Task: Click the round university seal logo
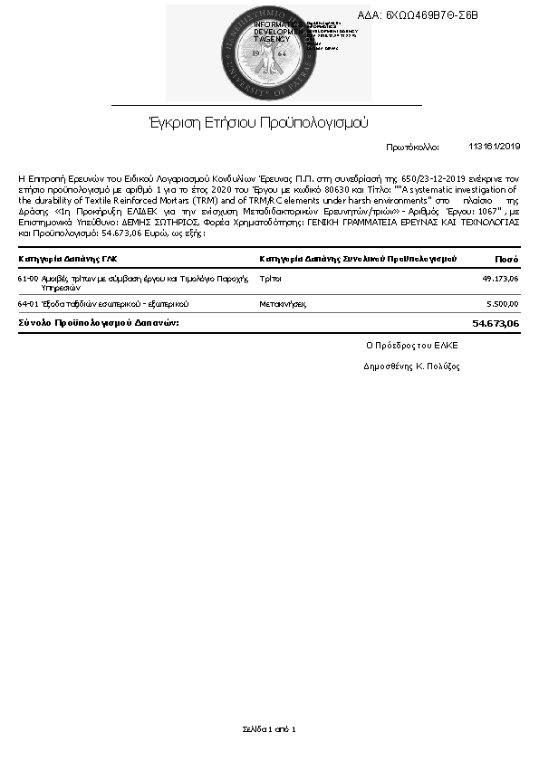tap(269, 53)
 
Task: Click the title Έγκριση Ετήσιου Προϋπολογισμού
tap(258, 122)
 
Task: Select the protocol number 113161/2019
tap(495, 146)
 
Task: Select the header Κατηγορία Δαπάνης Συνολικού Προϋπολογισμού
tap(357, 259)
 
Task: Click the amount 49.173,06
tap(501, 279)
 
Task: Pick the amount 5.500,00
tap(503, 304)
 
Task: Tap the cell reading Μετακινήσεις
tap(283, 304)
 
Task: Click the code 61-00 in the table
tap(27, 279)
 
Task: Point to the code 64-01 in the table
tap(27, 304)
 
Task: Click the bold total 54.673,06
tap(496, 322)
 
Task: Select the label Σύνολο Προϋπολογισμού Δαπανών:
tap(99, 322)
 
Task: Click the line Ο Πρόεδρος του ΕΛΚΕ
tap(412, 345)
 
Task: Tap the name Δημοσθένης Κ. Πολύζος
tap(412, 366)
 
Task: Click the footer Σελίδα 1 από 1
tap(269, 728)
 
